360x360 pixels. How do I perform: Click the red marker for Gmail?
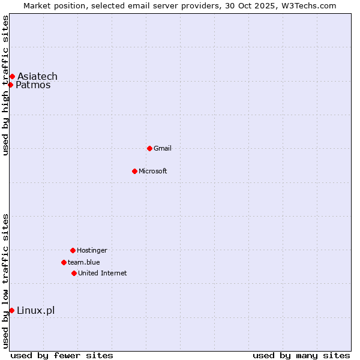[149, 148]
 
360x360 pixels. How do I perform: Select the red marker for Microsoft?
[134, 171]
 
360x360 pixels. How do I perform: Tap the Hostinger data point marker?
[73, 250]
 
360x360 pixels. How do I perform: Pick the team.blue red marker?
[64, 262]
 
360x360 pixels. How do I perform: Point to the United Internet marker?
[74, 273]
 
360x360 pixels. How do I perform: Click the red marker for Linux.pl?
[11, 310]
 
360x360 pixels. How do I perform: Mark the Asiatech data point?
[12, 76]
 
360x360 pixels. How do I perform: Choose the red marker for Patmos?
[10, 85]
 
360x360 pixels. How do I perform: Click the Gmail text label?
[163, 148]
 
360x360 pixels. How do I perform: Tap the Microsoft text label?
[153, 171]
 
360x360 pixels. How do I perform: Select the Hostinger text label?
[92, 250]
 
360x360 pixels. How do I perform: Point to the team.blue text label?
[84, 262]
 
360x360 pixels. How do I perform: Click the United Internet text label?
[102, 273]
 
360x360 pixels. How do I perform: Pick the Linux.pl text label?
[35, 310]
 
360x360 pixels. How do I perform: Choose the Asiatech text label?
[37, 76]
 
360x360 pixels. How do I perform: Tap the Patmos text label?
[33, 85]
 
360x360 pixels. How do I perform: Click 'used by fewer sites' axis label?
[62, 355]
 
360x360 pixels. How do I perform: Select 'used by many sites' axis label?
[301, 355]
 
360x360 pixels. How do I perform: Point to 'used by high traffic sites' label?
[5, 85]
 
